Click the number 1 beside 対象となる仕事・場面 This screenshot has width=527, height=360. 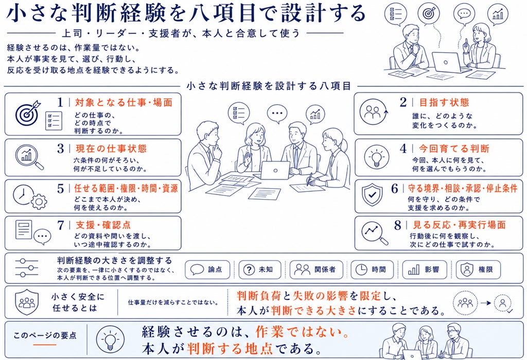coord(60,102)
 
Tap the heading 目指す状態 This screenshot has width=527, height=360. coord(444,102)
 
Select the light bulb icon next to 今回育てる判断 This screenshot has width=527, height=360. coord(377,157)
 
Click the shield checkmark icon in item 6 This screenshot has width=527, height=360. coord(372,195)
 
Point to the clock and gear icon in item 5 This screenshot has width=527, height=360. coord(29,196)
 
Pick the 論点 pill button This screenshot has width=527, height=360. coord(207,269)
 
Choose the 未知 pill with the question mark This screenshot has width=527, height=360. coord(260,269)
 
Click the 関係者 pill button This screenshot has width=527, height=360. coord(317,269)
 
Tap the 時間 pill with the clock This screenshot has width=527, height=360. coord(372,269)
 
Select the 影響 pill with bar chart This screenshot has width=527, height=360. coord(425,269)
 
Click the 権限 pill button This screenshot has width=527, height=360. coord(478,269)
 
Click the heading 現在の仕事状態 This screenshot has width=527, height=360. coord(111,149)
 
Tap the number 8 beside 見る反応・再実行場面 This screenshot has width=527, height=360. coord(398,225)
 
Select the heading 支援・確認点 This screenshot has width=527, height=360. coord(103,225)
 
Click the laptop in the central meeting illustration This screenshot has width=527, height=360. coord(275,171)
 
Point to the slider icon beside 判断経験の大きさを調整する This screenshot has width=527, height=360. coord(27,268)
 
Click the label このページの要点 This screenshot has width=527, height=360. coord(45,335)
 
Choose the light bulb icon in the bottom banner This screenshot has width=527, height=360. coord(110,340)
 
